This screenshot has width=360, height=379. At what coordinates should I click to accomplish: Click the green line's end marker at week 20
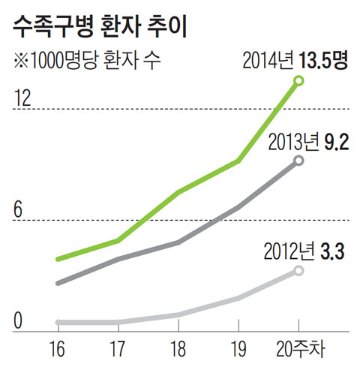click(298, 80)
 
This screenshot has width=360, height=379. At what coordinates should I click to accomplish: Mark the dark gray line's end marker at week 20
click(298, 161)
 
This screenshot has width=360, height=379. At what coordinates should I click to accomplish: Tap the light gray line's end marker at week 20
click(298, 270)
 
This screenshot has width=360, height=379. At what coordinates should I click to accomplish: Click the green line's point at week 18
click(178, 193)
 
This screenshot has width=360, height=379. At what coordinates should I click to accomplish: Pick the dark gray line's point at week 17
click(118, 260)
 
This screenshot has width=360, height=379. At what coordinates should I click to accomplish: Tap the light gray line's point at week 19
click(238, 299)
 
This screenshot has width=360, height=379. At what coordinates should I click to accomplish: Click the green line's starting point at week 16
click(58, 259)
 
